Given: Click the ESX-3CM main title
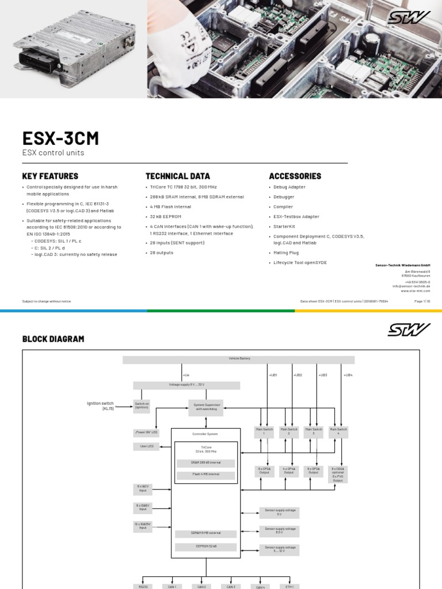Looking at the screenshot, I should tap(60, 139).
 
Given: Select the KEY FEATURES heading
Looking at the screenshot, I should tap(50, 176).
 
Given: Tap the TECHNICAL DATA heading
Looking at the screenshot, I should tap(178, 176).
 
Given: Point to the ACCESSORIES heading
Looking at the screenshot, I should tap(295, 176).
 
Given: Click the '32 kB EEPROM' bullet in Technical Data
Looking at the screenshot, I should tap(166, 217).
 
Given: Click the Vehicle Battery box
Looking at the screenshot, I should tap(239, 359).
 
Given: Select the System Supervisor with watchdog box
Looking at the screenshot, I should tap(206, 407).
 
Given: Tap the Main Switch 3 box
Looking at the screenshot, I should tap(313, 431).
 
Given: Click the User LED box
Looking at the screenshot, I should tap(147, 446).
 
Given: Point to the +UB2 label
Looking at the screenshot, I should tap(298, 375).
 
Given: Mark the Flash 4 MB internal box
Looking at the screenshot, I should tap(205, 475).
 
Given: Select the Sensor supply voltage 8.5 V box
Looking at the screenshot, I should tap(279, 530).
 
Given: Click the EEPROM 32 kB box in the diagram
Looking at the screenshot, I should tap(205, 546).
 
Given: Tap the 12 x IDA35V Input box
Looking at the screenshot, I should tap(142, 526).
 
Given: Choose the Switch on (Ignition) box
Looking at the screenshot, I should tap(142, 407).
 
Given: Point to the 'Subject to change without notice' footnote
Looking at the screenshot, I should tap(47, 301).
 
